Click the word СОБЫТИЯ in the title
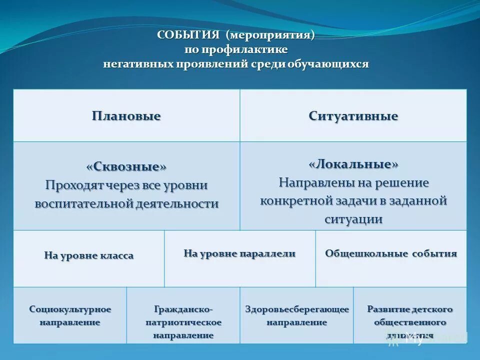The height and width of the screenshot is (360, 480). coord(188,35)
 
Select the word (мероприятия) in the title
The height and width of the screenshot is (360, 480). coord(269,35)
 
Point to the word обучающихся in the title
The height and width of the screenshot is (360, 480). coord(327,64)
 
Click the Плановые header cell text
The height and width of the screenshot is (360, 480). coord(126,116)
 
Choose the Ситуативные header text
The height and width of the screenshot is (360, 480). coord(353,116)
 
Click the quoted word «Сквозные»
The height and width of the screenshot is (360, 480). coord(126,166)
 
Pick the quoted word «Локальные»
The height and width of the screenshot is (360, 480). coord(353,164)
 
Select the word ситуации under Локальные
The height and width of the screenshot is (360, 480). coord(353,219)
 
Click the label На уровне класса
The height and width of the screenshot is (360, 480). coord(89,256)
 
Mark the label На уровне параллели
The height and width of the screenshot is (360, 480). coord(239,253)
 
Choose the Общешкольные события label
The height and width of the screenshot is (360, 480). coord(391,253)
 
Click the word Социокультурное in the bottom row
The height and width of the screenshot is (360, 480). coord(70,309)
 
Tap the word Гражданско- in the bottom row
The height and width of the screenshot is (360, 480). coord(183,309)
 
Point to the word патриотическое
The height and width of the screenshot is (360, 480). coord(183,322)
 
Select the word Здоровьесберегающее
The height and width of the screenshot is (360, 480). coord(296,309)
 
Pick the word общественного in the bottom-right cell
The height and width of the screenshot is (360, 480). coord(410,322)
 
